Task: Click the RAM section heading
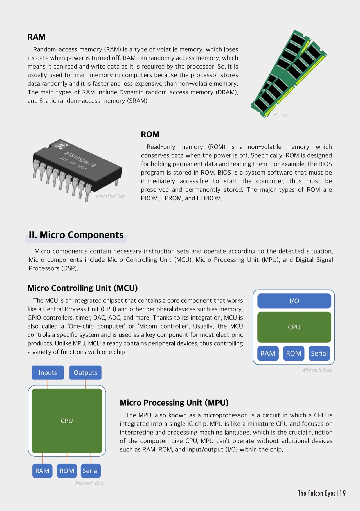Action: pos(36,37)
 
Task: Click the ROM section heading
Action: pos(150,134)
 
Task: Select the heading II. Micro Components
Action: pos(76,235)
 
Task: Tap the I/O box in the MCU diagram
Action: pos(294,301)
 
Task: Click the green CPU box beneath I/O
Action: pos(294,327)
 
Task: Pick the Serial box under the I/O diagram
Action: pos(319,353)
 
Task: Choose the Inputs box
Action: pos(48,372)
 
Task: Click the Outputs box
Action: pos(85,372)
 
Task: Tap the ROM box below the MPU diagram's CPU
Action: pos(67,471)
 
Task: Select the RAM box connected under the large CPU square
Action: pos(42,471)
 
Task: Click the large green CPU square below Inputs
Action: pos(67,421)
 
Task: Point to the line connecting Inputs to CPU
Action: pos(48,384)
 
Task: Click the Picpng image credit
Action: pos(280,114)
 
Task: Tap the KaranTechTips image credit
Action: pos(110,196)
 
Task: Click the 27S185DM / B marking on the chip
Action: pos(80,159)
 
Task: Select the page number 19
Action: pos(342,493)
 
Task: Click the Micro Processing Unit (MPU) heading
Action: pos(174,403)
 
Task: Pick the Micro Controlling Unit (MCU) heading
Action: pos(82,288)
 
